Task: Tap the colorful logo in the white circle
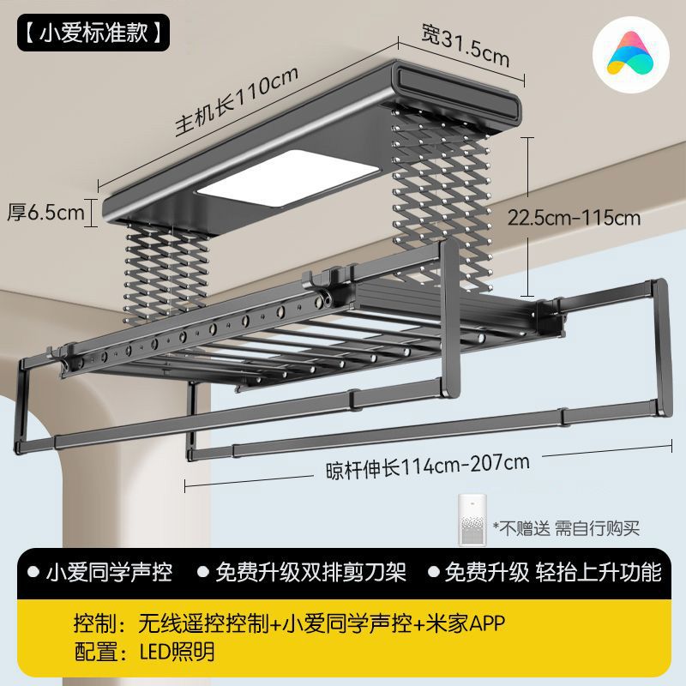coord(630,56)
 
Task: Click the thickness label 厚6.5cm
coord(46,213)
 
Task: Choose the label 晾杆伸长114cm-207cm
coord(427,466)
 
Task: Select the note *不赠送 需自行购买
coord(566,527)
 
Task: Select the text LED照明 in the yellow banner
coord(177,652)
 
